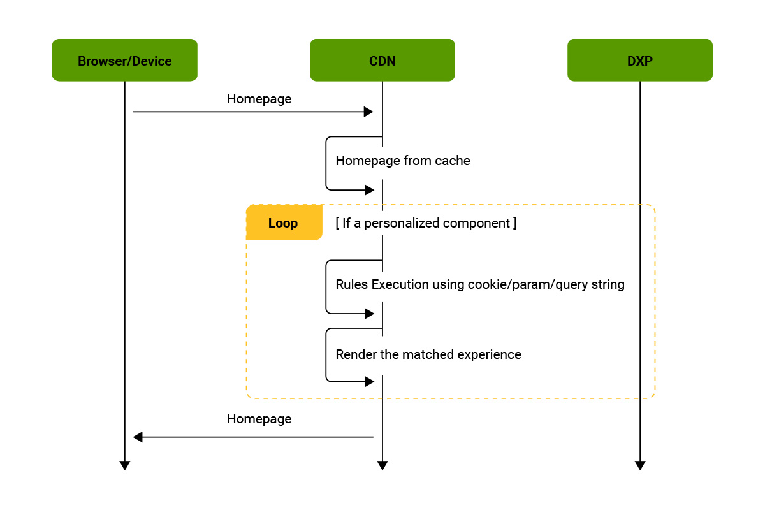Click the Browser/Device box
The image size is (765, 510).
(x=125, y=61)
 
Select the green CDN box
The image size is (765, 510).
(x=382, y=61)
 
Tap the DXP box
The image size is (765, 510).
(x=640, y=61)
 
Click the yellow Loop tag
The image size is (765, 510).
(x=284, y=223)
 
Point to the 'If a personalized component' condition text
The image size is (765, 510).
(x=426, y=223)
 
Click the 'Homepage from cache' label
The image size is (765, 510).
(x=403, y=161)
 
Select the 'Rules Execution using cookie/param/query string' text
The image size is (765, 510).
(x=480, y=284)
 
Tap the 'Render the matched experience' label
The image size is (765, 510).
(x=428, y=354)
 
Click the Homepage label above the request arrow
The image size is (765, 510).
(x=259, y=99)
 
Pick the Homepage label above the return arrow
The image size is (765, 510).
(x=259, y=419)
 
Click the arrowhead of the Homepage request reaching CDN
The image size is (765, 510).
(x=368, y=112)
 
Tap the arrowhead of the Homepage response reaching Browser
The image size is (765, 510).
(x=138, y=437)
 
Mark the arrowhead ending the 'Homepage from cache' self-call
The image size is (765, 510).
(x=368, y=190)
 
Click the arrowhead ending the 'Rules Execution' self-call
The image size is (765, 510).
(x=368, y=314)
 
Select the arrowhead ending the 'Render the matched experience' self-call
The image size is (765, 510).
(x=368, y=382)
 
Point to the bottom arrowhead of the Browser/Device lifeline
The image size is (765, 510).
(x=125, y=465)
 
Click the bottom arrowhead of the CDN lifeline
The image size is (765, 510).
(x=382, y=465)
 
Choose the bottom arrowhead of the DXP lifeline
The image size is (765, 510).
(x=640, y=465)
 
